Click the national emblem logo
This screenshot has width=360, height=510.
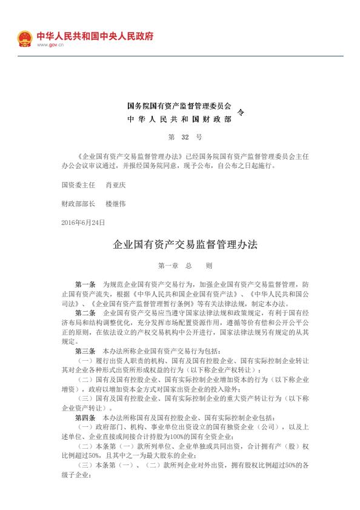24,38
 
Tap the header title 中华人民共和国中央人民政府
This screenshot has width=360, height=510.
95,36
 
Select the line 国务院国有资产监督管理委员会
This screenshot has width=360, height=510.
179,106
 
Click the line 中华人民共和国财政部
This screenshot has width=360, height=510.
179,119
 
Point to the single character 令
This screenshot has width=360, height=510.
241,112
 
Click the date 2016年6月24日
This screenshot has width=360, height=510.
83,223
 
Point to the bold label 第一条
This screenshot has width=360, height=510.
85,284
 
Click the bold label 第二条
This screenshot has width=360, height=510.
85,313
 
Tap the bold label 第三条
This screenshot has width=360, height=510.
85,351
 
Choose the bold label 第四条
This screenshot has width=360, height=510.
85,418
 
